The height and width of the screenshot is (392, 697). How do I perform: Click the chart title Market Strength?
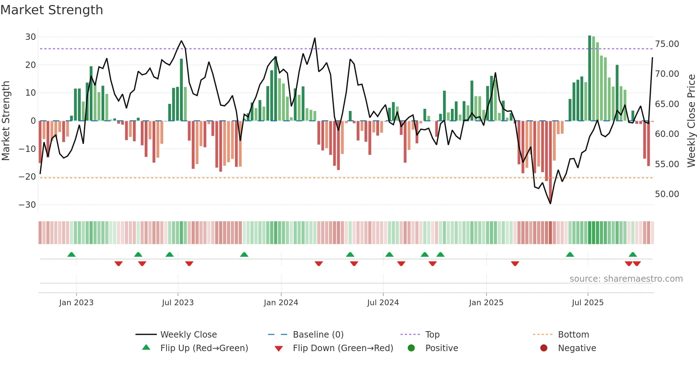pos(52,10)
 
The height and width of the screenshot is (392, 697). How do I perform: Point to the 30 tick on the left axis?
pos(31,37)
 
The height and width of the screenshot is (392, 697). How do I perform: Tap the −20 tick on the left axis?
pos(27,177)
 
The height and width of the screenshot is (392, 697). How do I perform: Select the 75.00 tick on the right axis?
pos(667,44)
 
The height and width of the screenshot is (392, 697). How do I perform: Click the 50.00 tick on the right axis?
pos(667,194)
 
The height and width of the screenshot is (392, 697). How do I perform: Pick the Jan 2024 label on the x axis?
pos(281,303)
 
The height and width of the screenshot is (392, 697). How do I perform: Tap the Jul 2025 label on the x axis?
pos(587,303)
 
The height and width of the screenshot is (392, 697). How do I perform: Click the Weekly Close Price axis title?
pos(691,121)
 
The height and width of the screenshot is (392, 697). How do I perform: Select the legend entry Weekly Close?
pos(188,335)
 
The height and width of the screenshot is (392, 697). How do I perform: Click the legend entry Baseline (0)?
pos(318,335)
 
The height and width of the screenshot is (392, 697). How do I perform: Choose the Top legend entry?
pos(432,335)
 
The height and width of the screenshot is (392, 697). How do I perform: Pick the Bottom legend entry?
pos(573,335)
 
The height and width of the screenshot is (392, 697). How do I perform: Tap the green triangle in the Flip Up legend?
pos(146,348)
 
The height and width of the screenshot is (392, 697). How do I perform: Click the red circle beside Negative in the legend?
pos(543,348)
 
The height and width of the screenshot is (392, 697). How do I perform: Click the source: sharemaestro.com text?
pos(626,279)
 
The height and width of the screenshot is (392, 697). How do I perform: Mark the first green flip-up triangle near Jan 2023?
pos(71,255)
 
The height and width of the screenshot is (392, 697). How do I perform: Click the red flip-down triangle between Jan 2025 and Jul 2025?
pos(515,264)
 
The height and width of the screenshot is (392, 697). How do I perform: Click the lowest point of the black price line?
pos(550,203)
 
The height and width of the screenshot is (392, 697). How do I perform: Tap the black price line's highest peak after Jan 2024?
pos(315,38)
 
